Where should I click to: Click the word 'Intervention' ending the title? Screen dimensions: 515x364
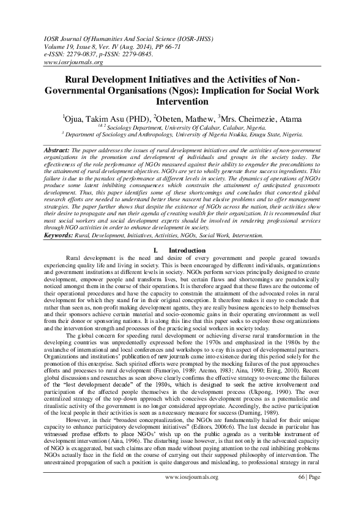[x=182, y=102]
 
